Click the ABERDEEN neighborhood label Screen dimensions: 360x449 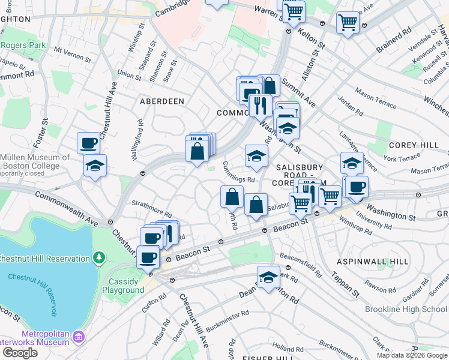[162, 101]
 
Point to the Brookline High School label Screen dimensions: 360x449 [406, 309]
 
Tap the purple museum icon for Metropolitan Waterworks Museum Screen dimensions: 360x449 [78, 338]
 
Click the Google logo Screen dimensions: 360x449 [20, 353]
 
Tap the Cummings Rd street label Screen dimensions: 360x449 [239, 172]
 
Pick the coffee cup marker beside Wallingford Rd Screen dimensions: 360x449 [88, 143]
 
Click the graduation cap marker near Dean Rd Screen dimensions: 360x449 [268, 277]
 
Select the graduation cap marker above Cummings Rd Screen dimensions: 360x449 [256, 155]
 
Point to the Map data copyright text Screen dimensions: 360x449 [412, 355]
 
